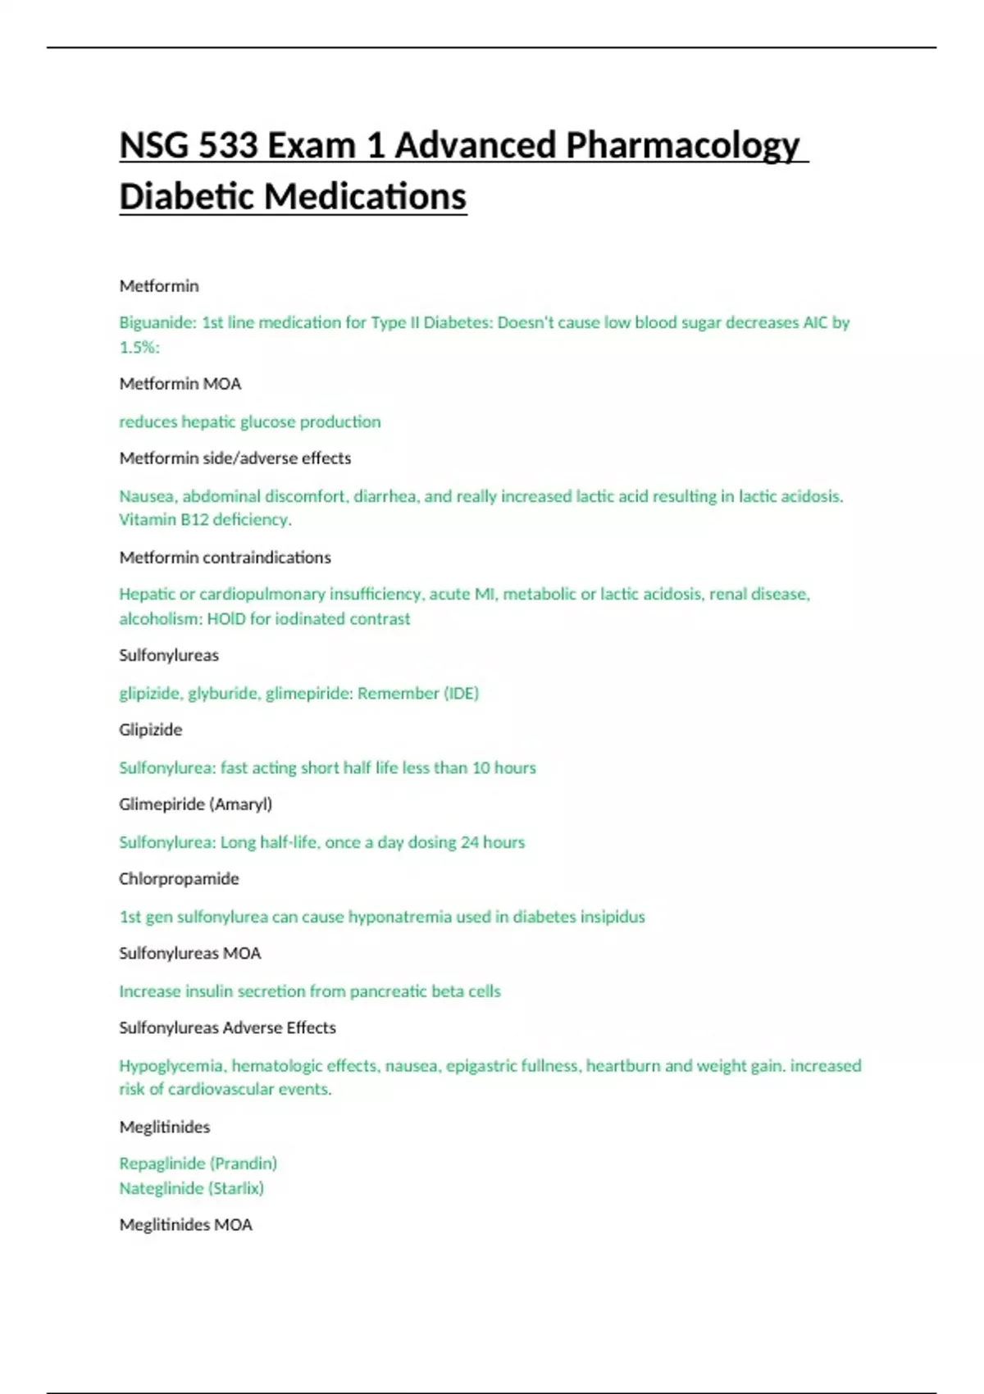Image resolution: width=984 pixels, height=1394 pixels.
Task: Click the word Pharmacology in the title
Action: pyautogui.click(x=682, y=146)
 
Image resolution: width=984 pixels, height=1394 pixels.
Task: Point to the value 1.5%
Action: pyautogui.click(x=139, y=347)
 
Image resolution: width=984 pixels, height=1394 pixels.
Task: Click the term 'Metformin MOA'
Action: pyautogui.click(x=180, y=384)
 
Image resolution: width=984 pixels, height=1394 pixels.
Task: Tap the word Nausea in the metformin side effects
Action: pyautogui.click(x=148, y=496)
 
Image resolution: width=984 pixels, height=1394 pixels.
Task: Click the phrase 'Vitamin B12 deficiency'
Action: pyautogui.click(x=204, y=519)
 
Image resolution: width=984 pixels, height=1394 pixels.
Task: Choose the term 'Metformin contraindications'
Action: pyautogui.click(x=225, y=558)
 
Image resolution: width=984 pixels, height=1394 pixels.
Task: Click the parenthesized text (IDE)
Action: pyautogui.click(x=461, y=693)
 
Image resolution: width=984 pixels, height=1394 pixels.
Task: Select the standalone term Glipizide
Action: pyautogui.click(x=151, y=730)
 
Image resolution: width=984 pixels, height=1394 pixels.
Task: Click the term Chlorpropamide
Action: pyautogui.click(x=179, y=879)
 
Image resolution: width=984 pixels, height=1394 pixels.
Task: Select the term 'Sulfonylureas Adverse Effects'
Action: pyautogui.click(x=227, y=1027)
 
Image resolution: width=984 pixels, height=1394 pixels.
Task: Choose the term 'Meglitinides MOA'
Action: pyautogui.click(x=185, y=1225)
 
